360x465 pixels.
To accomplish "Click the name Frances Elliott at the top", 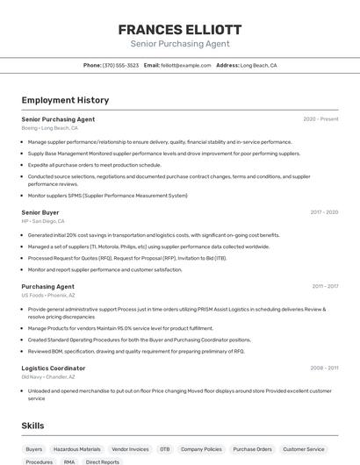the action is (x=180, y=29).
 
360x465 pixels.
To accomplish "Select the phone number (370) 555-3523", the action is (x=120, y=65).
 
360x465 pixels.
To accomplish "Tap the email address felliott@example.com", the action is (x=186, y=65).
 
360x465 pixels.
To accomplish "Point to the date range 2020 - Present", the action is (x=320, y=119).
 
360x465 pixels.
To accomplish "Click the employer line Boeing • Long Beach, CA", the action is (x=49, y=128).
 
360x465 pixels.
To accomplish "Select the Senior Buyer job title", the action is (x=40, y=212).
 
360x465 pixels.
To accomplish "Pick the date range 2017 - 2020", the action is (x=324, y=212).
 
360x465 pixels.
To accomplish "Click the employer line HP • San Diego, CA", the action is (x=43, y=221).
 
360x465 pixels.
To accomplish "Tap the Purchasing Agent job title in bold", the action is (x=47, y=286).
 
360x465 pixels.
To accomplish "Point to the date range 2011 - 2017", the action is (x=325, y=286).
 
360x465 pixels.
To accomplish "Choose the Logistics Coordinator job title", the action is (x=54, y=368).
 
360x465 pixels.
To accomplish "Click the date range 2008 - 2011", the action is (x=324, y=368).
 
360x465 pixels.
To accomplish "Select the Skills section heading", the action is (x=33, y=426).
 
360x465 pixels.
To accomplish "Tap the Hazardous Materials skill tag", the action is (x=77, y=449).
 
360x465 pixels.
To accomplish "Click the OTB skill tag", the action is (x=164, y=449).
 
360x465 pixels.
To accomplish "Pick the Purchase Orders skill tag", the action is (x=252, y=449).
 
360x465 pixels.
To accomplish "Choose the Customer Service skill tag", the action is (x=304, y=449).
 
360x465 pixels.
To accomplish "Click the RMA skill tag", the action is (x=69, y=461).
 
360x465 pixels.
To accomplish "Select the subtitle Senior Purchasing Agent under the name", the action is (x=180, y=44).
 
